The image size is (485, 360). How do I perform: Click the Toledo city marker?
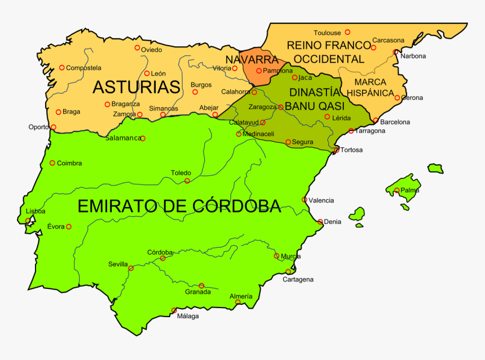[187, 181]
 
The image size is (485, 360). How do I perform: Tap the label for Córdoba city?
[160, 252]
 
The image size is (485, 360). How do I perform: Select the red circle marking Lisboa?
[28, 221]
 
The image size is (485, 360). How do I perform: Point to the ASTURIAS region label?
[136, 87]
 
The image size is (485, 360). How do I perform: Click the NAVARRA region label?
[252, 60]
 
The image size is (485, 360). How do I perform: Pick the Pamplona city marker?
[259, 71]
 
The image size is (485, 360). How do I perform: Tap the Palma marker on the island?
[397, 191]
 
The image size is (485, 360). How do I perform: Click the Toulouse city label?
[327, 33]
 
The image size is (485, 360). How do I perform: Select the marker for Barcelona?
[376, 120]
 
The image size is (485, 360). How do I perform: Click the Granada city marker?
[201, 286]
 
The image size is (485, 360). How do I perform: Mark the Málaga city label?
[188, 316]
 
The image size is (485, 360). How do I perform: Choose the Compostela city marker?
[62, 68]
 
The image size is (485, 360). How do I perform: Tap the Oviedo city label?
[151, 50]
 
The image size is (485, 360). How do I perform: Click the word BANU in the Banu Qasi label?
[299, 106]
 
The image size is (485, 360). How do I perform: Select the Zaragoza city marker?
[280, 107]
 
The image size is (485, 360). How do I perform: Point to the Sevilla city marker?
[131, 268]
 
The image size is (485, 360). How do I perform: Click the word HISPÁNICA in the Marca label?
[370, 93]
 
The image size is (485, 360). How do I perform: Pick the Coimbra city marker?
[52, 163]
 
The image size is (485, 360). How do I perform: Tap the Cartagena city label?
[298, 279]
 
